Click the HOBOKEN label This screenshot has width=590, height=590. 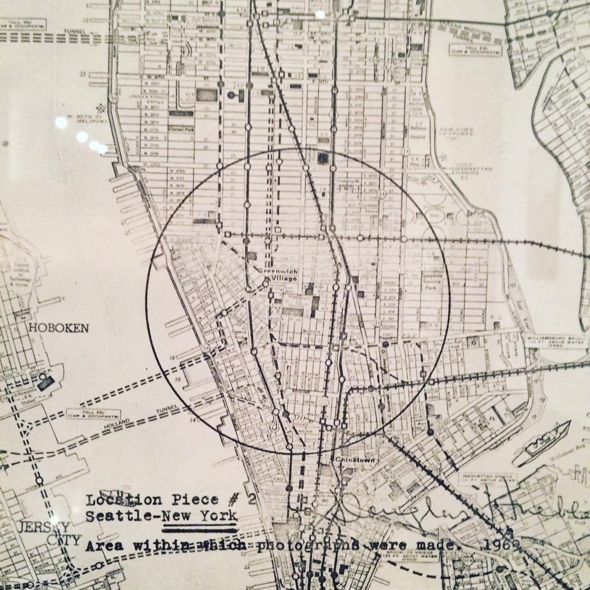[x=58, y=328]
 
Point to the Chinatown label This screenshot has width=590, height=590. [x=353, y=461]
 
